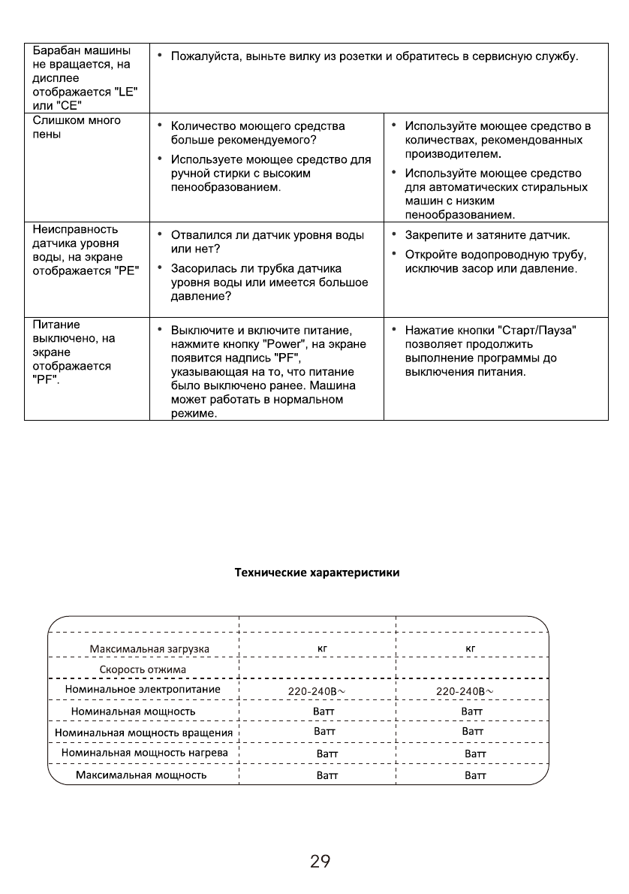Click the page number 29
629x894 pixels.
320,862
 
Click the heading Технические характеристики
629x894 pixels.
318,572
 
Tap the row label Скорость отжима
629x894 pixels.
143,669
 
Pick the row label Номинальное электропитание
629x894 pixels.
143,689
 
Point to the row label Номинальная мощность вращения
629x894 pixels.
143,731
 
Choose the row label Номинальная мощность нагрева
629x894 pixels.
143,751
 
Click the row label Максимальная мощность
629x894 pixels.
142,775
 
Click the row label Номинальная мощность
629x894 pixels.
133,710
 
